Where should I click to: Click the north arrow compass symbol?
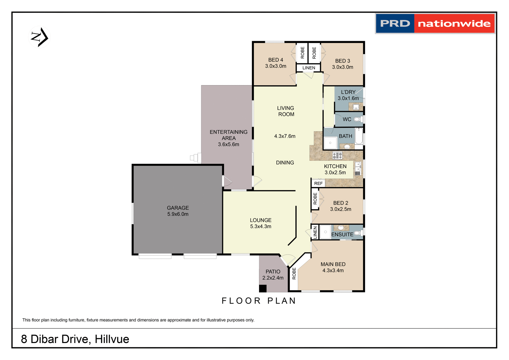(x=39, y=37)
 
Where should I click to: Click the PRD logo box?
(x=395, y=24)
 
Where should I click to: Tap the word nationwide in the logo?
(x=454, y=24)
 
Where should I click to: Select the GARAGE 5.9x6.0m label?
(x=178, y=211)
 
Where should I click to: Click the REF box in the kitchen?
(x=318, y=183)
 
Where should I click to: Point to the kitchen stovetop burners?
(x=337, y=155)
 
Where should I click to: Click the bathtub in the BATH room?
(x=359, y=136)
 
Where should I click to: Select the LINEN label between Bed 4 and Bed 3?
(x=309, y=68)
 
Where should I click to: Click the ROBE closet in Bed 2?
(x=315, y=199)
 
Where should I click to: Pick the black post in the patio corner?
(x=262, y=288)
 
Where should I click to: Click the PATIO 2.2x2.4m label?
(x=273, y=275)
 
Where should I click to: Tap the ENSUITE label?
(x=342, y=235)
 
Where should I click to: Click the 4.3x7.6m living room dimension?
(x=285, y=136)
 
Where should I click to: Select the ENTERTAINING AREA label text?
(x=229, y=135)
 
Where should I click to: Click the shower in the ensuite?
(x=325, y=232)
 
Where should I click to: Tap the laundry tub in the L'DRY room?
(x=356, y=107)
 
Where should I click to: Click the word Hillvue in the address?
(x=112, y=339)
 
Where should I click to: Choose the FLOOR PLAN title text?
(x=259, y=301)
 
